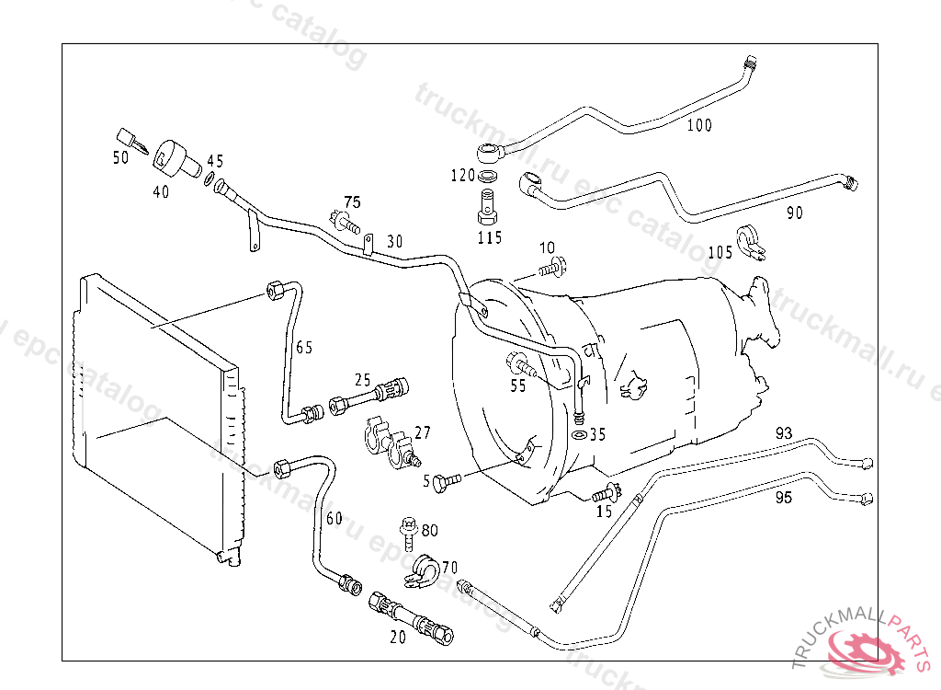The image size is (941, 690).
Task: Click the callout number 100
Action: [x=699, y=126]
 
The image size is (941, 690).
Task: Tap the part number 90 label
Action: [x=794, y=213]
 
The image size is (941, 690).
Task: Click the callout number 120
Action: [x=462, y=175]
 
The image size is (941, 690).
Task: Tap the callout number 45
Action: [x=214, y=161]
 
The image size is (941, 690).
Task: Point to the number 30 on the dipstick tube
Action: [x=394, y=241]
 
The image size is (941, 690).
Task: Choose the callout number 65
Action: [x=303, y=348]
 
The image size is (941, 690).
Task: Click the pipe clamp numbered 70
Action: [x=423, y=570]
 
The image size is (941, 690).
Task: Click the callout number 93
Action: [x=783, y=433]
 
